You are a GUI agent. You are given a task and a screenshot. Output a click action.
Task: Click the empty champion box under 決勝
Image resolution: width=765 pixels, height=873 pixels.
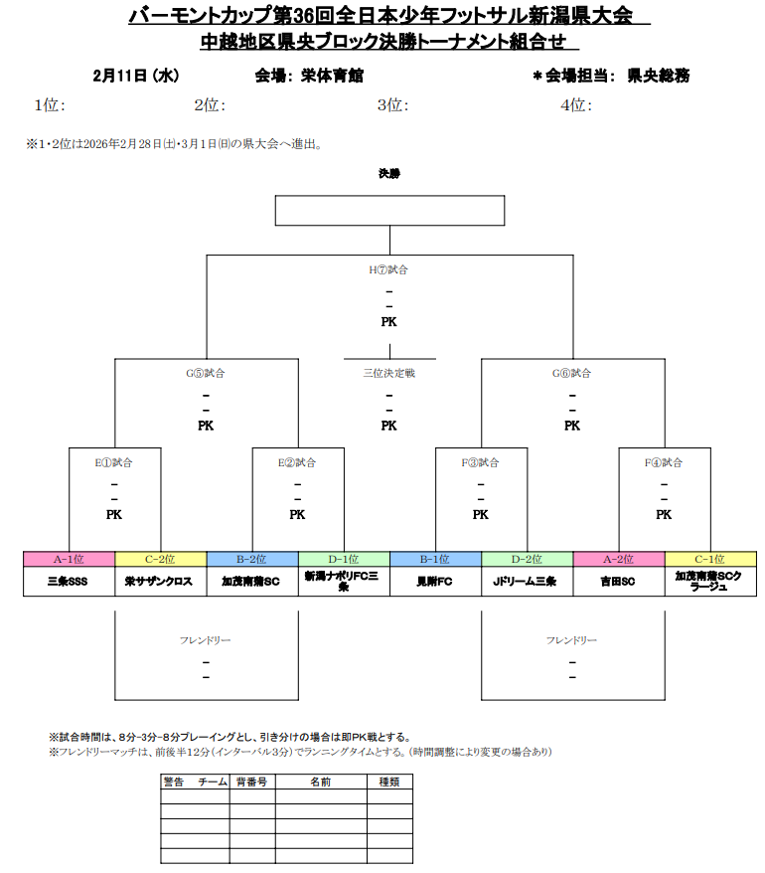click(x=389, y=211)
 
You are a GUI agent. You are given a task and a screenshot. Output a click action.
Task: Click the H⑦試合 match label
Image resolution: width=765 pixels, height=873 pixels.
click(x=388, y=269)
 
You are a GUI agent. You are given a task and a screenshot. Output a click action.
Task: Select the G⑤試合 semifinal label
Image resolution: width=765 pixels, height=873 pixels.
click(x=206, y=373)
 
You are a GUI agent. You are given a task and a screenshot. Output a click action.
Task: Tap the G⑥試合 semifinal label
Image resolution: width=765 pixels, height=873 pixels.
click(x=571, y=373)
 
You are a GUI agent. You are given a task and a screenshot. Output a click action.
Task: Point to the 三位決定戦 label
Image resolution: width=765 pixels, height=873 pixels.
click(x=388, y=373)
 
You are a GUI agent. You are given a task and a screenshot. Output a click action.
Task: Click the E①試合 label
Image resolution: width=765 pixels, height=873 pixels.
click(x=114, y=462)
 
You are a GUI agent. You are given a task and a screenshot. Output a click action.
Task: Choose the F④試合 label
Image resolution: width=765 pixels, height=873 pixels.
click(x=664, y=462)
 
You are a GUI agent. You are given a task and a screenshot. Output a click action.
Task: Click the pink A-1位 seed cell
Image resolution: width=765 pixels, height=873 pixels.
click(x=69, y=559)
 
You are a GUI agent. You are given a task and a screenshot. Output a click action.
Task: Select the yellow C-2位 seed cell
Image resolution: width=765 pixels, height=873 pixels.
click(x=160, y=559)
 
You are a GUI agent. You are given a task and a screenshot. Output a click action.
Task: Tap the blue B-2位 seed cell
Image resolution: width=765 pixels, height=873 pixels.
click(x=251, y=559)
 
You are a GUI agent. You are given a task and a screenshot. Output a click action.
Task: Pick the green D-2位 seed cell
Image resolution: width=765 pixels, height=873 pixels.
click(x=527, y=559)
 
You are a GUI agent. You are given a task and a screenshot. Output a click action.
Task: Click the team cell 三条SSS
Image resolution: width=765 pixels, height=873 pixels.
click(x=69, y=581)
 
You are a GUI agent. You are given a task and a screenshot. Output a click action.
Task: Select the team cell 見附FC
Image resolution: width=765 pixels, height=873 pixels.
click(x=435, y=581)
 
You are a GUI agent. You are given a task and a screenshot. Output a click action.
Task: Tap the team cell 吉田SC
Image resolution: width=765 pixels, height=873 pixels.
click(x=618, y=581)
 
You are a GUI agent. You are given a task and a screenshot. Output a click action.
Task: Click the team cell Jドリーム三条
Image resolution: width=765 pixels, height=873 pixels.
click(x=527, y=581)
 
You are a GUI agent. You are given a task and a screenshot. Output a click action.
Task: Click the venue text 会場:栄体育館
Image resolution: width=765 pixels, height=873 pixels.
click(x=309, y=76)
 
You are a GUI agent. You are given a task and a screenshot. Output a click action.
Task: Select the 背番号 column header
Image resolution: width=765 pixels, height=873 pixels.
click(x=251, y=783)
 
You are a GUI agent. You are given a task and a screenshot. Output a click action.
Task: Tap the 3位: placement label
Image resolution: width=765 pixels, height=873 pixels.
click(x=393, y=104)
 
